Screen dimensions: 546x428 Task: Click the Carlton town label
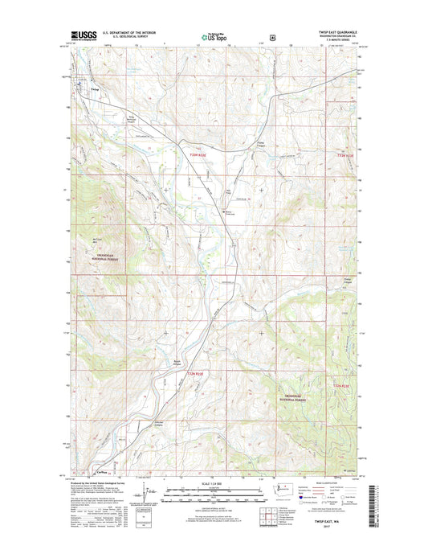pyautogui.click(x=102, y=472)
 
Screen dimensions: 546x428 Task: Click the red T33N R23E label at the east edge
pyautogui.click(x=344, y=155)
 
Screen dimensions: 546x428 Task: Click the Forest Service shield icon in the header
pyautogui.click(x=274, y=37)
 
